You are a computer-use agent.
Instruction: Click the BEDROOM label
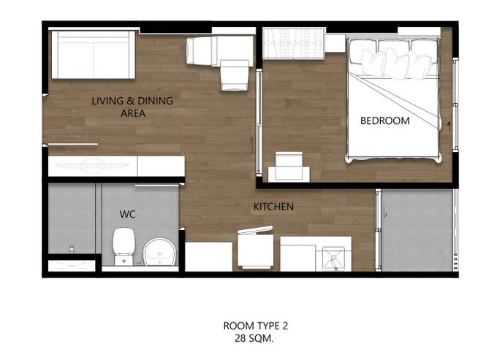384,120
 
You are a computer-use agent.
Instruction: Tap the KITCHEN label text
273,207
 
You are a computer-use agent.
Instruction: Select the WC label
127,215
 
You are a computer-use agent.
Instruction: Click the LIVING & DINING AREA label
132,107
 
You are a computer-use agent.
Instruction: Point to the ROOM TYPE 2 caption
256,326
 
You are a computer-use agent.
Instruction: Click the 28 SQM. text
254,339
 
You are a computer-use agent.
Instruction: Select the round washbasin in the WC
159,252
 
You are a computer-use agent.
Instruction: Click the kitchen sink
333,258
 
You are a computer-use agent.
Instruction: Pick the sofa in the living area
94,55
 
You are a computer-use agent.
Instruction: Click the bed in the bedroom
393,99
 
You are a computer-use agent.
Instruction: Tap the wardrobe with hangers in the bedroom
294,43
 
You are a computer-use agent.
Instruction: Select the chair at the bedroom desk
289,166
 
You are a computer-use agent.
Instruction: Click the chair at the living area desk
234,75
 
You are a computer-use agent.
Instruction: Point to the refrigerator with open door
256,248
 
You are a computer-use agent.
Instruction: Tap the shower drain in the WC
72,248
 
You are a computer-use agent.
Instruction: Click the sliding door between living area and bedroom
259,122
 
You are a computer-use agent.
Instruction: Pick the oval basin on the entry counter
93,165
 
